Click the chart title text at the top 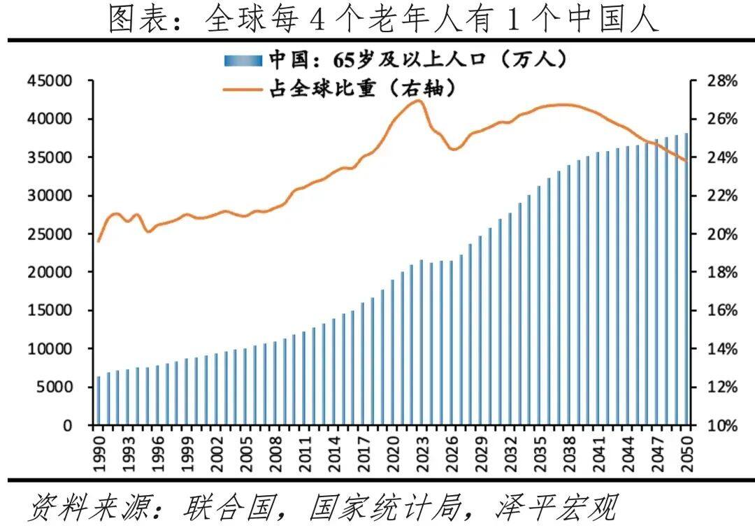tap(384, 20)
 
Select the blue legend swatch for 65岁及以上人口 tap(243, 60)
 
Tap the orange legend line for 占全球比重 tap(243, 89)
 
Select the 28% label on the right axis tap(718, 81)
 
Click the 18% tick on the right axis tap(718, 272)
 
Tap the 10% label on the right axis tap(718, 425)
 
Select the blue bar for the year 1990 tap(99, 401)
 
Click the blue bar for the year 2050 tap(686, 279)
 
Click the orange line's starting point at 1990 tap(99, 241)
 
